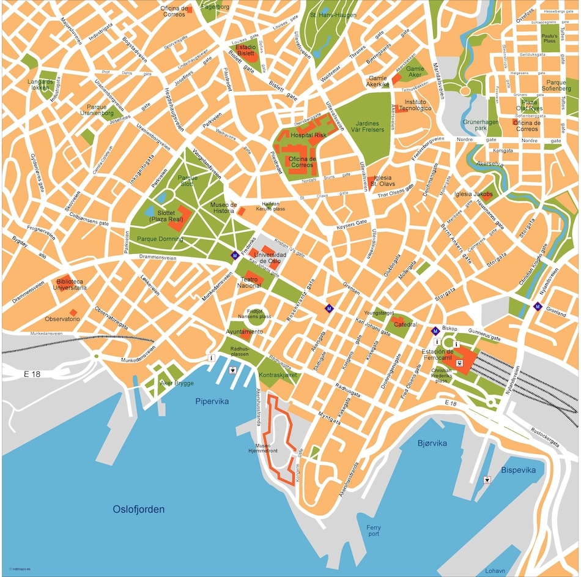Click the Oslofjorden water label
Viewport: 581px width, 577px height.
(139, 509)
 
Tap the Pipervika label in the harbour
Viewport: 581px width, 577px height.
(211, 401)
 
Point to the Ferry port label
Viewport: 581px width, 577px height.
(372, 530)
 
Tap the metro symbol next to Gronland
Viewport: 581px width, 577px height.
(538, 307)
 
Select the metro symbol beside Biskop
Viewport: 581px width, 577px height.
(435, 330)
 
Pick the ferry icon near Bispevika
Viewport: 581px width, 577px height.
(487, 480)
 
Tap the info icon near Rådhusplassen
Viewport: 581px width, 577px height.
(212, 358)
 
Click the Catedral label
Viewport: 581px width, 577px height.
(405, 324)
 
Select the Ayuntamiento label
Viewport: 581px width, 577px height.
(244, 332)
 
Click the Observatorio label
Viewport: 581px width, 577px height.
(62, 319)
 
